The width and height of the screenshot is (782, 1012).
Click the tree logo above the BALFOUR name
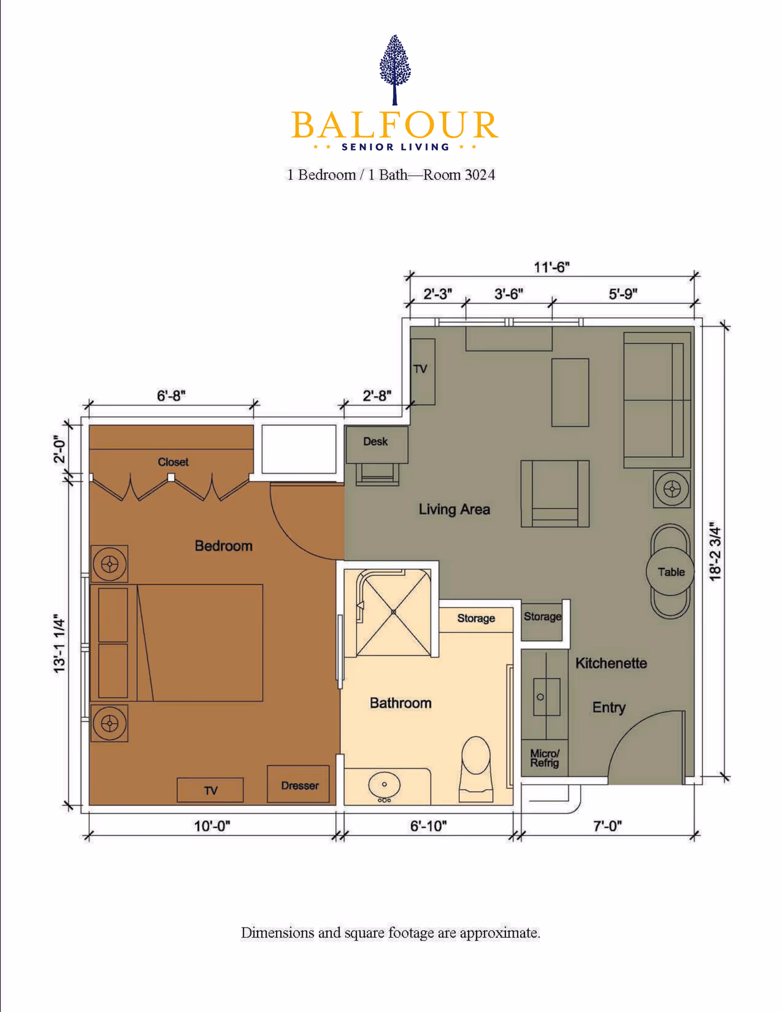pos(395,68)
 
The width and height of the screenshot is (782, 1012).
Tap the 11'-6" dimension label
pos(551,267)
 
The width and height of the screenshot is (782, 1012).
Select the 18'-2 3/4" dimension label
pos(715,552)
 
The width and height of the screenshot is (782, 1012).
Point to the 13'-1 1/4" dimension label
pos(59,644)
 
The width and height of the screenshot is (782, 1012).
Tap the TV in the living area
pos(422,370)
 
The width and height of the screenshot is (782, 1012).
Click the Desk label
pos(375,442)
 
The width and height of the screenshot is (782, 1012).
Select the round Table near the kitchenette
pos(670,572)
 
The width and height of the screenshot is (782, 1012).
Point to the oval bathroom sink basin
pos(384,784)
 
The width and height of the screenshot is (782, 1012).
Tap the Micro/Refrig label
pos(544,758)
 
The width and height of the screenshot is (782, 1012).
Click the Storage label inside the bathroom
pos(476,618)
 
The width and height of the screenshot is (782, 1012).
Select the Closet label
pos(173,462)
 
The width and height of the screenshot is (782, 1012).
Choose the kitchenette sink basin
pos(546,697)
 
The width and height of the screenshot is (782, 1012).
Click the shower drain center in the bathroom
pos(393,612)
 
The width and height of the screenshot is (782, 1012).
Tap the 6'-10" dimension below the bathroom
pos(428,826)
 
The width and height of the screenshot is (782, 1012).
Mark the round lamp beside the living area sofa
pos(672,489)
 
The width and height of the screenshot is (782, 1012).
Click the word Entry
pos(608,707)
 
